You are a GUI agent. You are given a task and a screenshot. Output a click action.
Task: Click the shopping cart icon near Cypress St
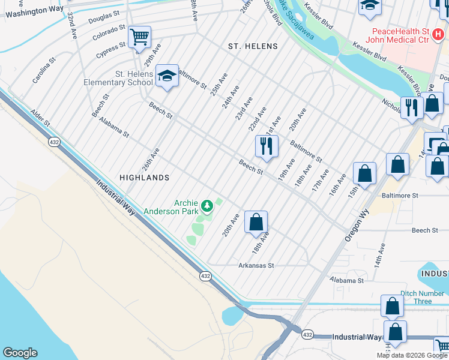[139, 37]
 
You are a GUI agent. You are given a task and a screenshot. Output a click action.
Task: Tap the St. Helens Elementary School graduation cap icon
[167, 76]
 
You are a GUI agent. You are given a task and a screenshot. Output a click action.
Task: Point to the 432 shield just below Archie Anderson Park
[205, 275]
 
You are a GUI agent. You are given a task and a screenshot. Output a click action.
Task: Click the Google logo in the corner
[20, 353]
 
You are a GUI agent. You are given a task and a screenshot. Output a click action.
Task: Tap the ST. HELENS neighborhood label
[253, 46]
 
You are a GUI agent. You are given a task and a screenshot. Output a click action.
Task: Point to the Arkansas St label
[256, 265]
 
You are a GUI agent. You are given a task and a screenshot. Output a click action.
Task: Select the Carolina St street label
[44, 70]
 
